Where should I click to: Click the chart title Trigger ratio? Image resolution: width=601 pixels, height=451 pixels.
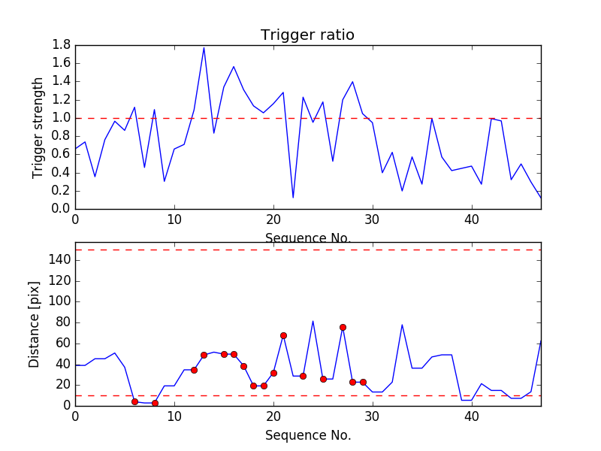pyautogui.click(x=307, y=35)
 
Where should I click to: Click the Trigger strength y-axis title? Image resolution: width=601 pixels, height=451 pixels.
pyautogui.click(x=38, y=127)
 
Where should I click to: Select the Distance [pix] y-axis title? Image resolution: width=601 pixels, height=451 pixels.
pyautogui.click(x=35, y=325)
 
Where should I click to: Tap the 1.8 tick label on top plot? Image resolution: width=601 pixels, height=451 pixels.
pyautogui.click(x=62, y=45)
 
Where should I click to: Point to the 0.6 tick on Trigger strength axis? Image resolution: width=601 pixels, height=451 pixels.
pyautogui.click(x=62, y=154)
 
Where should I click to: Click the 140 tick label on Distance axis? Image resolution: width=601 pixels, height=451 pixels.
pyautogui.click(x=59, y=260)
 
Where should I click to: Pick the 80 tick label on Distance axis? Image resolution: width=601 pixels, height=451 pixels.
pyautogui.click(x=62, y=322)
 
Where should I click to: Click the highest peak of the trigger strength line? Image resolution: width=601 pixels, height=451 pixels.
pyautogui.click(x=204, y=47)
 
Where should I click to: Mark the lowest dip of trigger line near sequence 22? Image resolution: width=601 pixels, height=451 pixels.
pyautogui.click(x=293, y=198)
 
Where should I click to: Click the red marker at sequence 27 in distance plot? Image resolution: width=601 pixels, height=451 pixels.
pyautogui.click(x=343, y=327)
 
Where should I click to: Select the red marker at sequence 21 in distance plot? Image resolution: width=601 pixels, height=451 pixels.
pyautogui.click(x=283, y=335)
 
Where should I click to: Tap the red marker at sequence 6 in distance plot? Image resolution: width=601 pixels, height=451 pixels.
pyautogui.click(x=134, y=401)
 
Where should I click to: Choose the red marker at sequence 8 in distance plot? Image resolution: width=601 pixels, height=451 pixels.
pyautogui.click(x=155, y=403)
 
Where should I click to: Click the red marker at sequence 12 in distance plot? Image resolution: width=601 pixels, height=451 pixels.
pyautogui.click(x=194, y=370)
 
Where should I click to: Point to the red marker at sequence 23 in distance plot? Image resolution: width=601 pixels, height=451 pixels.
pyautogui.click(x=303, y=376)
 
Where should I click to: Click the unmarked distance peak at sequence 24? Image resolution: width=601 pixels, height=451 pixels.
pyautogui.click(x=313, y=321)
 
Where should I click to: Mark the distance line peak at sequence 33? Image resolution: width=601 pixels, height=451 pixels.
pyautogui.click(x=402, y=325)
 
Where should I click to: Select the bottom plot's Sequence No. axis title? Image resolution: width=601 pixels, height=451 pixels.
pyautogui.click(x=307, y=435)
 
